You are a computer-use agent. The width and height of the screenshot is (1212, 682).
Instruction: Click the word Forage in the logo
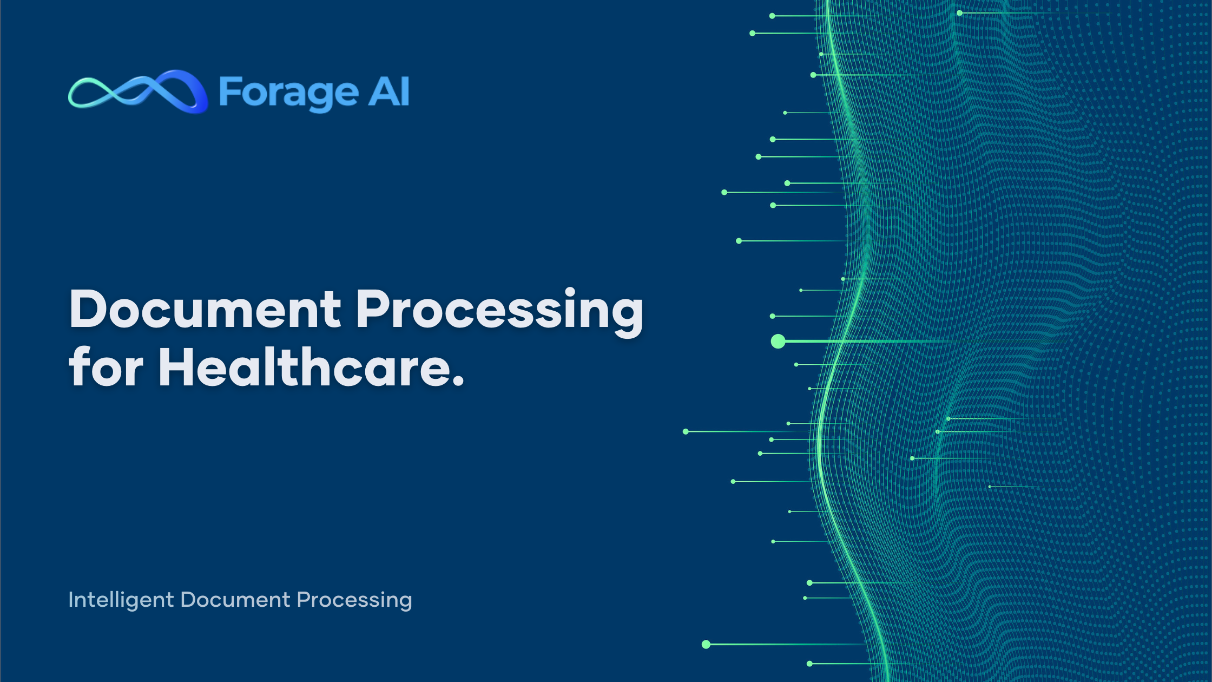[288, 93]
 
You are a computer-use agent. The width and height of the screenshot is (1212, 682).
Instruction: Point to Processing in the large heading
[500, 312]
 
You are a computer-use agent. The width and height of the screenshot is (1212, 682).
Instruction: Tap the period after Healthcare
[458, 381]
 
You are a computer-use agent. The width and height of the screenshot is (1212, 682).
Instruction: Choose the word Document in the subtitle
[235, 600]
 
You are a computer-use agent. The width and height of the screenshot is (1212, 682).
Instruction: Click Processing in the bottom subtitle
[354, 600]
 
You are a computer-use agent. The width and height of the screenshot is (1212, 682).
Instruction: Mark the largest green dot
[778, 341]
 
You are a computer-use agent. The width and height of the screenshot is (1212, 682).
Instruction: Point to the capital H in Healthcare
[178, 366]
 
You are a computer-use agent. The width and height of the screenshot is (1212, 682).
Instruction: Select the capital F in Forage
[229, 91]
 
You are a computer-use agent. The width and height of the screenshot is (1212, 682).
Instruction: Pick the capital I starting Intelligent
[70, 600]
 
